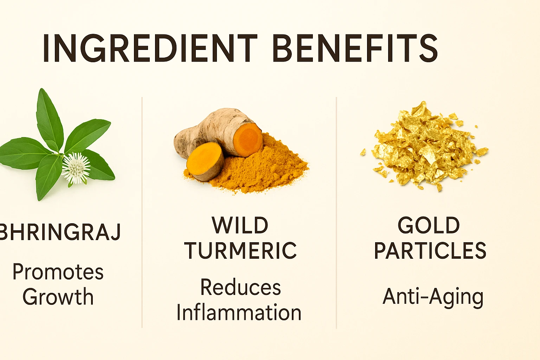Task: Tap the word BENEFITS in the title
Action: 355,48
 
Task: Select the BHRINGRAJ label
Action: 60,232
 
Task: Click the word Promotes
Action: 58,272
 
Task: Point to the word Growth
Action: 58,297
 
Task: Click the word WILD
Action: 240,225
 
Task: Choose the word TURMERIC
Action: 240,250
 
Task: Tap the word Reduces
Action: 240,287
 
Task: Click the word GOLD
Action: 429,225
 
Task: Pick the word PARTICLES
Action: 430,250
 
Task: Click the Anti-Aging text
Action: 433,297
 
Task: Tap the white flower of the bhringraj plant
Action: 76,168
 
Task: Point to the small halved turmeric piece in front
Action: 205,162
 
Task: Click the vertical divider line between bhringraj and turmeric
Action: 142,212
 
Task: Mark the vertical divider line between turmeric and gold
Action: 336,213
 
